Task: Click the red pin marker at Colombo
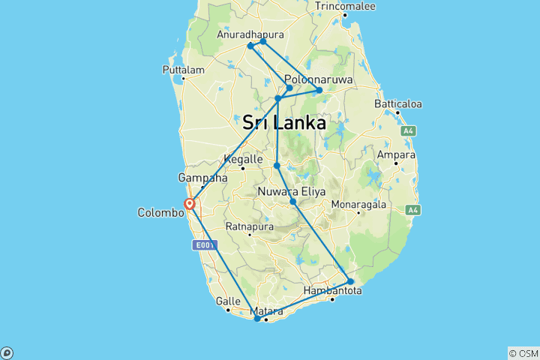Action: click(190, 203)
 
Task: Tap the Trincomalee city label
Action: click(344, 6)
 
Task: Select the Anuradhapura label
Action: click(250, 34)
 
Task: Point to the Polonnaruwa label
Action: click(319, 79)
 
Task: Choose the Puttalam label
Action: click(183, 70)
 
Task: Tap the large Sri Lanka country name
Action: click(284, 122)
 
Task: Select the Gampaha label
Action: click(202, 178)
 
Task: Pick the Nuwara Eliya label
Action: click(292, 192)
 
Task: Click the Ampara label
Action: click(397, 155)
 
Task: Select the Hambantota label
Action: click(333, 290)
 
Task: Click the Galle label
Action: click(228, 301)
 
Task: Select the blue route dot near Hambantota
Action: click(350, 282)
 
